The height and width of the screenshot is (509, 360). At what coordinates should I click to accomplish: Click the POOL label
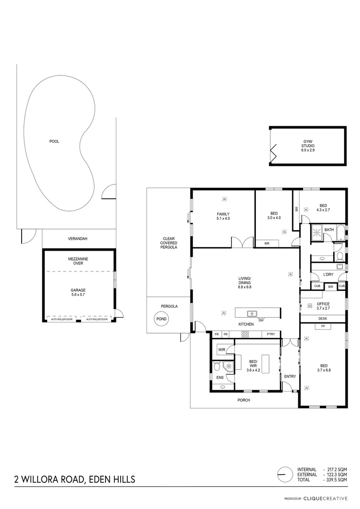[x=54, y=141]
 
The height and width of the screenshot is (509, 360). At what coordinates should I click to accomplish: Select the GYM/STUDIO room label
[x=308, y=146]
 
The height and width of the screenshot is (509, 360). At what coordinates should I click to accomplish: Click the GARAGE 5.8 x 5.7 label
[x=79, y=292]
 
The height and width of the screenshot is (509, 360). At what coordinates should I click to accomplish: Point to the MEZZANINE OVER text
[x=79, y=262]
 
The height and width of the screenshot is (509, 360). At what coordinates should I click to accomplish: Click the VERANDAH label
[x=78, y=239]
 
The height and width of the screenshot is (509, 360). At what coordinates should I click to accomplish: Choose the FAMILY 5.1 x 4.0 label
[x=223, y=216]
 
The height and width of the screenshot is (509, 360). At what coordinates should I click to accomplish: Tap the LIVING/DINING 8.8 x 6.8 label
[x=245, y=283]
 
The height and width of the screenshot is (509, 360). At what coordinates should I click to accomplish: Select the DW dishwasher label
[x=261, y=320]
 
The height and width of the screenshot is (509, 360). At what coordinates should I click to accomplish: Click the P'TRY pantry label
[x=270, y=335]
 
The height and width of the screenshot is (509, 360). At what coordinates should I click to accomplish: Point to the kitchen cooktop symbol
[x=245, y=335]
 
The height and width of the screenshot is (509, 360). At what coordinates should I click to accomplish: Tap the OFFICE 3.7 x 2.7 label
[x=323, y=306]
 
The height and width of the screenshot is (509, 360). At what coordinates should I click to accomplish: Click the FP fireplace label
[x=323, y=326]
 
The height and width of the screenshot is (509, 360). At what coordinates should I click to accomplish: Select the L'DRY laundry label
[x=327, y=274]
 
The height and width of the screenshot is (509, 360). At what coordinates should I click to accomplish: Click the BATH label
[x=328, y=230]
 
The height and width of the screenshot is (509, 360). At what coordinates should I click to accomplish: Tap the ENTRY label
[x=290, y=376]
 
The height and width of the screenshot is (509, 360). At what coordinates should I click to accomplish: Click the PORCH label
[x=244, y=400]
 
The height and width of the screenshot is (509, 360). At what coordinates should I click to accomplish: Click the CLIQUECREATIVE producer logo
[x=325, y=498]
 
